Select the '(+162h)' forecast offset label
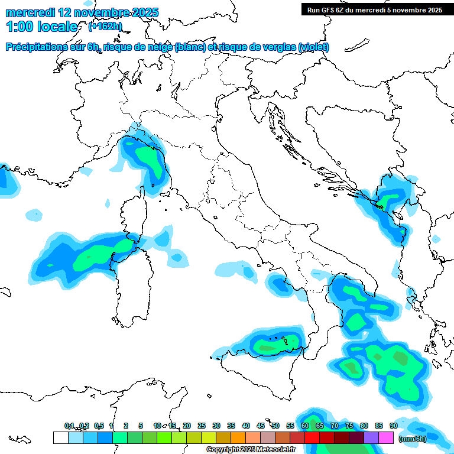pos(105,27)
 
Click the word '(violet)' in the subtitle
pos(313,47)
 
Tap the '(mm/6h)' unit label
pos(413,438)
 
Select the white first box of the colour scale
pos(60,438)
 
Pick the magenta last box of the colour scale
pos(386,438)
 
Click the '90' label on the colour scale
pos(393,426)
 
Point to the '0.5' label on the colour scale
pos(98,426)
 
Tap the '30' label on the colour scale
pos(216,426)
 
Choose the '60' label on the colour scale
pos(305,426)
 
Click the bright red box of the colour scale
pos(312,438)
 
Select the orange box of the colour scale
pos(238,438)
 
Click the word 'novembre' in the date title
pos(97,12)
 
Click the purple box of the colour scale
pos(371,438)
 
